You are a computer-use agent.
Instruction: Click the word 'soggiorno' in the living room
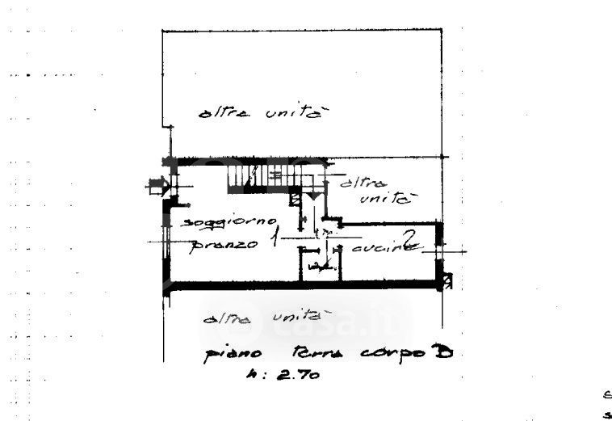point(231,222)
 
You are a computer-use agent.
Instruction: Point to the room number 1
point(275,238)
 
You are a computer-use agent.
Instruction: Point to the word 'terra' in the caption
point(304,354)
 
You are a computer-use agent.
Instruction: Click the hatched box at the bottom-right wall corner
point(447,281)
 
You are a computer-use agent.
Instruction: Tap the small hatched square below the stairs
point(296,196)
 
